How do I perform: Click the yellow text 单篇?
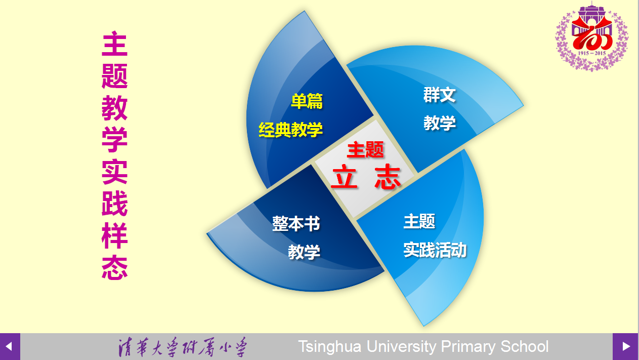[x=307, y=101]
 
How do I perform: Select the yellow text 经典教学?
[x=290, y=130]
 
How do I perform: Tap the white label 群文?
[x=439, y=95]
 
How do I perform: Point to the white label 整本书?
[x=296, y=223]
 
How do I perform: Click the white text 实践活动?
[x=435, y=250]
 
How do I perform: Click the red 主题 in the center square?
[x=365, y=149]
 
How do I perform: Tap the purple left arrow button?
[x=10, y=346]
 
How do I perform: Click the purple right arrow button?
[x=625, y=346]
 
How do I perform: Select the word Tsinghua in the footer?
[x=330, y=347]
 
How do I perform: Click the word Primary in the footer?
[x=468, y=347]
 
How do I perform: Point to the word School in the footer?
[x=524, y=346]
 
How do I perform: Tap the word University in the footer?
[x=401, y=347]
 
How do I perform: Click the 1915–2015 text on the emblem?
[x=592, y=53]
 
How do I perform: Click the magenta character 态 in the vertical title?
[x=115, y=267]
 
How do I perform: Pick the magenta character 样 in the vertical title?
[x=115, y=235]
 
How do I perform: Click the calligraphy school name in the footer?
[x=183, y=347]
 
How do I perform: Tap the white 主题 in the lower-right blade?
[x=419, y=221]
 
